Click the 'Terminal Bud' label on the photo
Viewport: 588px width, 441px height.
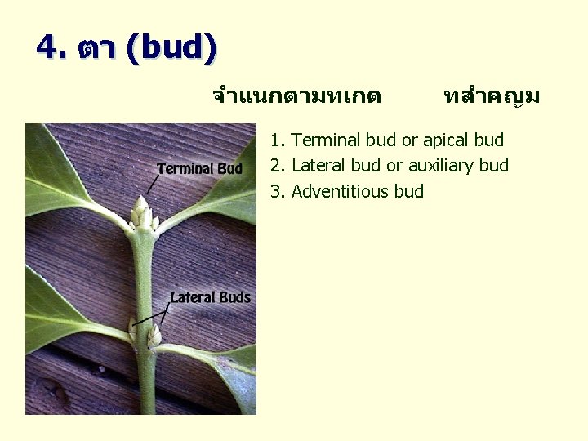199,169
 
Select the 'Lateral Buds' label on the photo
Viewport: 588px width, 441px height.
210,297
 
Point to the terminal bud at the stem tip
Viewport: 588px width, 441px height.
142,212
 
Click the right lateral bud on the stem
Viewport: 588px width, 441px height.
153,336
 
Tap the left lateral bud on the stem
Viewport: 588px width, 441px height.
133,330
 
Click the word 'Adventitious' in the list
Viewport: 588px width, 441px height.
341,192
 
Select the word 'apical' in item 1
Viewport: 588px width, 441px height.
447,140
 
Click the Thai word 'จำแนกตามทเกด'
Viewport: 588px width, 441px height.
296,97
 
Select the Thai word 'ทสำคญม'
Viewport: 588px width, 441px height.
491,97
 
